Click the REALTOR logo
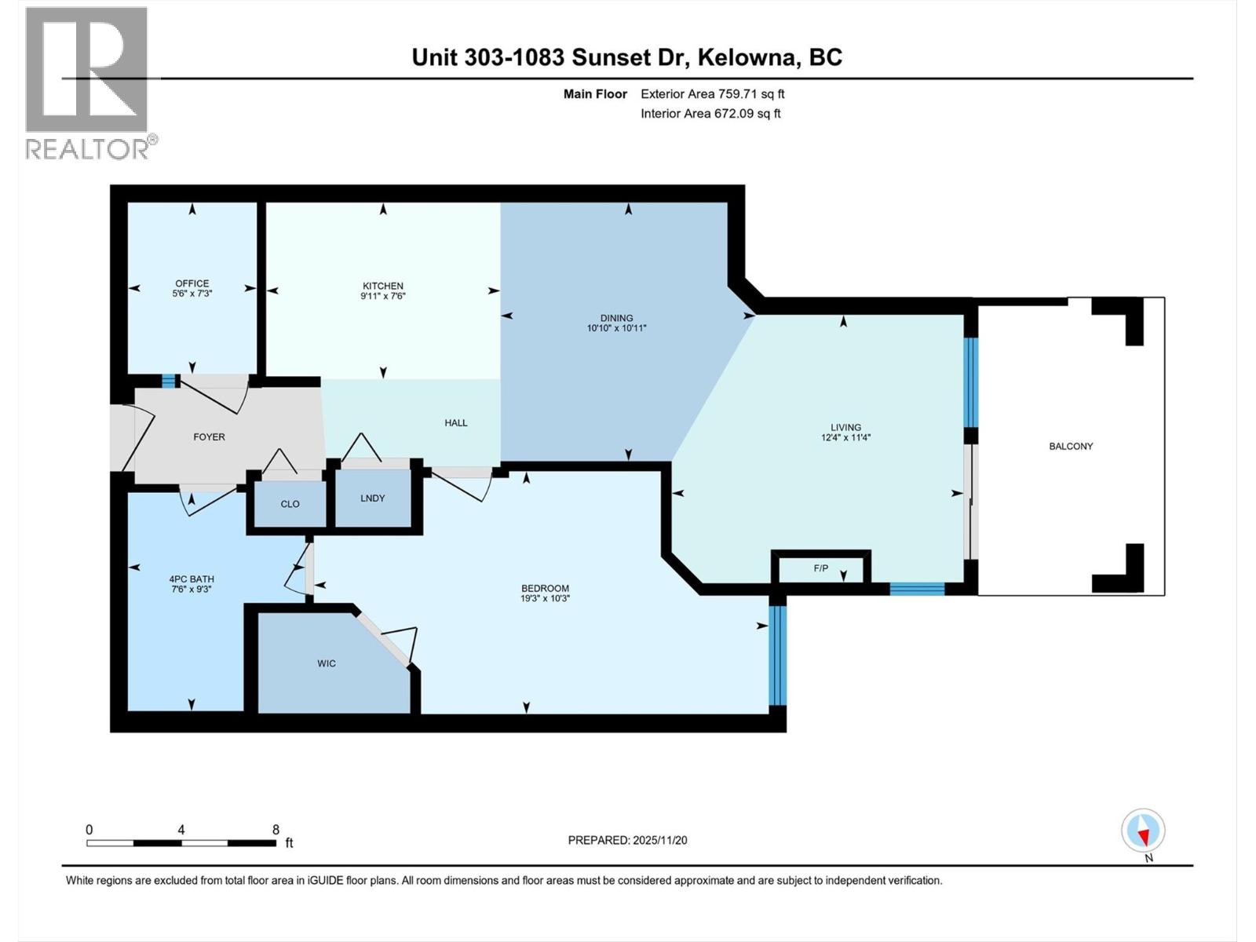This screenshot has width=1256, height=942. pyautogui.click(x=87, y=82)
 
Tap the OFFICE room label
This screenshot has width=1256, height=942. pyautogui.click(x=192, y=283)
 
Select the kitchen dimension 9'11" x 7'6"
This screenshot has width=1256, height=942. pyautogui.click(x=382, y=297)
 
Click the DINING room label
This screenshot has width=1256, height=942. pyautogui.click(x=616, y=318)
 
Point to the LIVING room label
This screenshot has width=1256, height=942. pyautogui.click(x=845, y=428)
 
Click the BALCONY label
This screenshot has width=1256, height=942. pyautogui.click(x=1071, y=446)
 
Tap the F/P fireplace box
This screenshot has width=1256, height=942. pyautogui.click(x=821, y=568)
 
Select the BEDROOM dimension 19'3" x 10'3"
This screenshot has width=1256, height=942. pyautogui.click(x=545, y=598)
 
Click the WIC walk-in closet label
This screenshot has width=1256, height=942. pyautogui.click(x=327, y=663)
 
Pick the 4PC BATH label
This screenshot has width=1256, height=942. pyautogui.click(x=192, y=579)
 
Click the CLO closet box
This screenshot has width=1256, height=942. pyautogui.click(x=290, y=504)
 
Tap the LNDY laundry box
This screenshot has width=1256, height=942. pyautogui.click(x=373, y=498)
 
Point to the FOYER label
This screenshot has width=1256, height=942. pyautogui.click(x=209, y=436)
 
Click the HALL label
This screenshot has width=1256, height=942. pyautogui.click(x=455, y=422)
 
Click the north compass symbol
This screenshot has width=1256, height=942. pyautogui.click(x=1143, y=831)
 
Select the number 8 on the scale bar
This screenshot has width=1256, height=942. pyautogui.click(x=276, y=829)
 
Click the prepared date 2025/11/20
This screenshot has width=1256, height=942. pyautogui.click(x=659, y=840)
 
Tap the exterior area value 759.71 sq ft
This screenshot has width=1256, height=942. pyautogui.click(x=751, y=94)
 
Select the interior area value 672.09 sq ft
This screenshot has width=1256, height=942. pyautogui.click(x=747, y=113)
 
